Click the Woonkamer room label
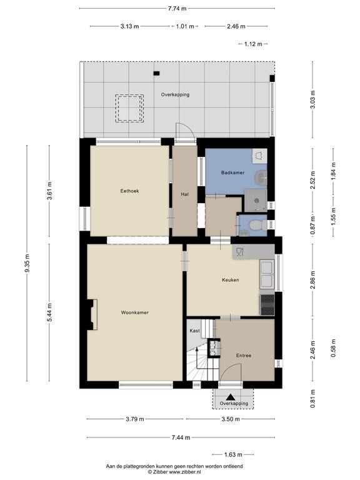coord(135,312)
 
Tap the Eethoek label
coord(129,191)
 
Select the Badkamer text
coord(232,172)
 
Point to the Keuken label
coord(231,280)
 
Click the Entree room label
coord(244,356)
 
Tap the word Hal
coord(184,194)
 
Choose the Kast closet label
coord(195,331)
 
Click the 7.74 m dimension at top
coord(177,9)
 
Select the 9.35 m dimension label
coord(27,263)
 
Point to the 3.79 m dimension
coord(135,419)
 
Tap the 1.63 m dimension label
coord(233,454)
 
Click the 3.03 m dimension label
coord(312,100)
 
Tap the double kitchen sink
coord(267,274)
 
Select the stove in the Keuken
coord(267,305)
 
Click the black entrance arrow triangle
coord(231,397)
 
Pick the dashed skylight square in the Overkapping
coord(129,108)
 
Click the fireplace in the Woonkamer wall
coord(92,315)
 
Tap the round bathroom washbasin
coord(261,177)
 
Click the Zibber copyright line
coord(174,472)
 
